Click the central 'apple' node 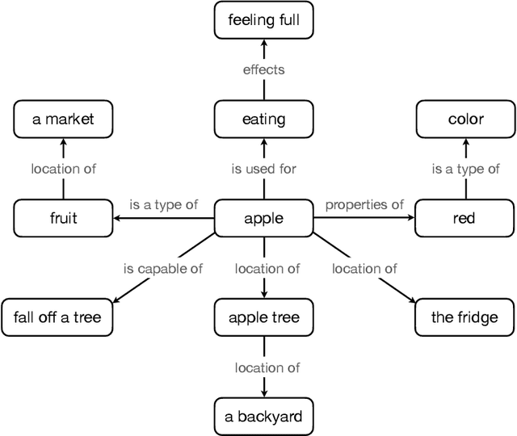tap(264, 218)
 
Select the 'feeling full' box tap(264, 20)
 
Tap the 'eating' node tap(264, 119)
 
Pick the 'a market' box tap(63, 119)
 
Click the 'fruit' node tap(63, 218)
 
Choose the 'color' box tap(465, 119)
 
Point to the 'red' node tap(465, 218)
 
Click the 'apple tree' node tap(264, 317)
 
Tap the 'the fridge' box tap(465, 317)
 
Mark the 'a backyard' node tap(264, 417)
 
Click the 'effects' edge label tap(264, 69)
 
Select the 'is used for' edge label tap(264, 169)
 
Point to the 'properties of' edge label tap(364, 204)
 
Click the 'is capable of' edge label tap(163, 268)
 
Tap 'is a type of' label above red tap(465, 169)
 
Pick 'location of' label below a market tap(63, 169)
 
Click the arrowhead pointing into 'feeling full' tap(264, 43)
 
